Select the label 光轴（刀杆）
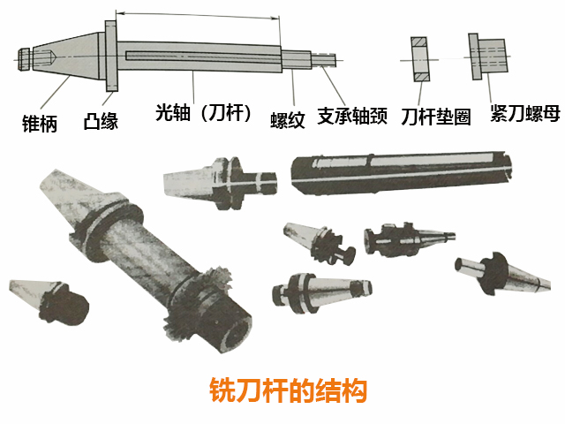(203, 114)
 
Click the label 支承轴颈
(352, 116)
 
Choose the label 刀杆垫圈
(434, 117)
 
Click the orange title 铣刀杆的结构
(282, 389)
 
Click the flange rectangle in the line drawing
(111, 56)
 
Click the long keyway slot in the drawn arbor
(203, 55)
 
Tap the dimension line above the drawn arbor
(198, 14)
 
